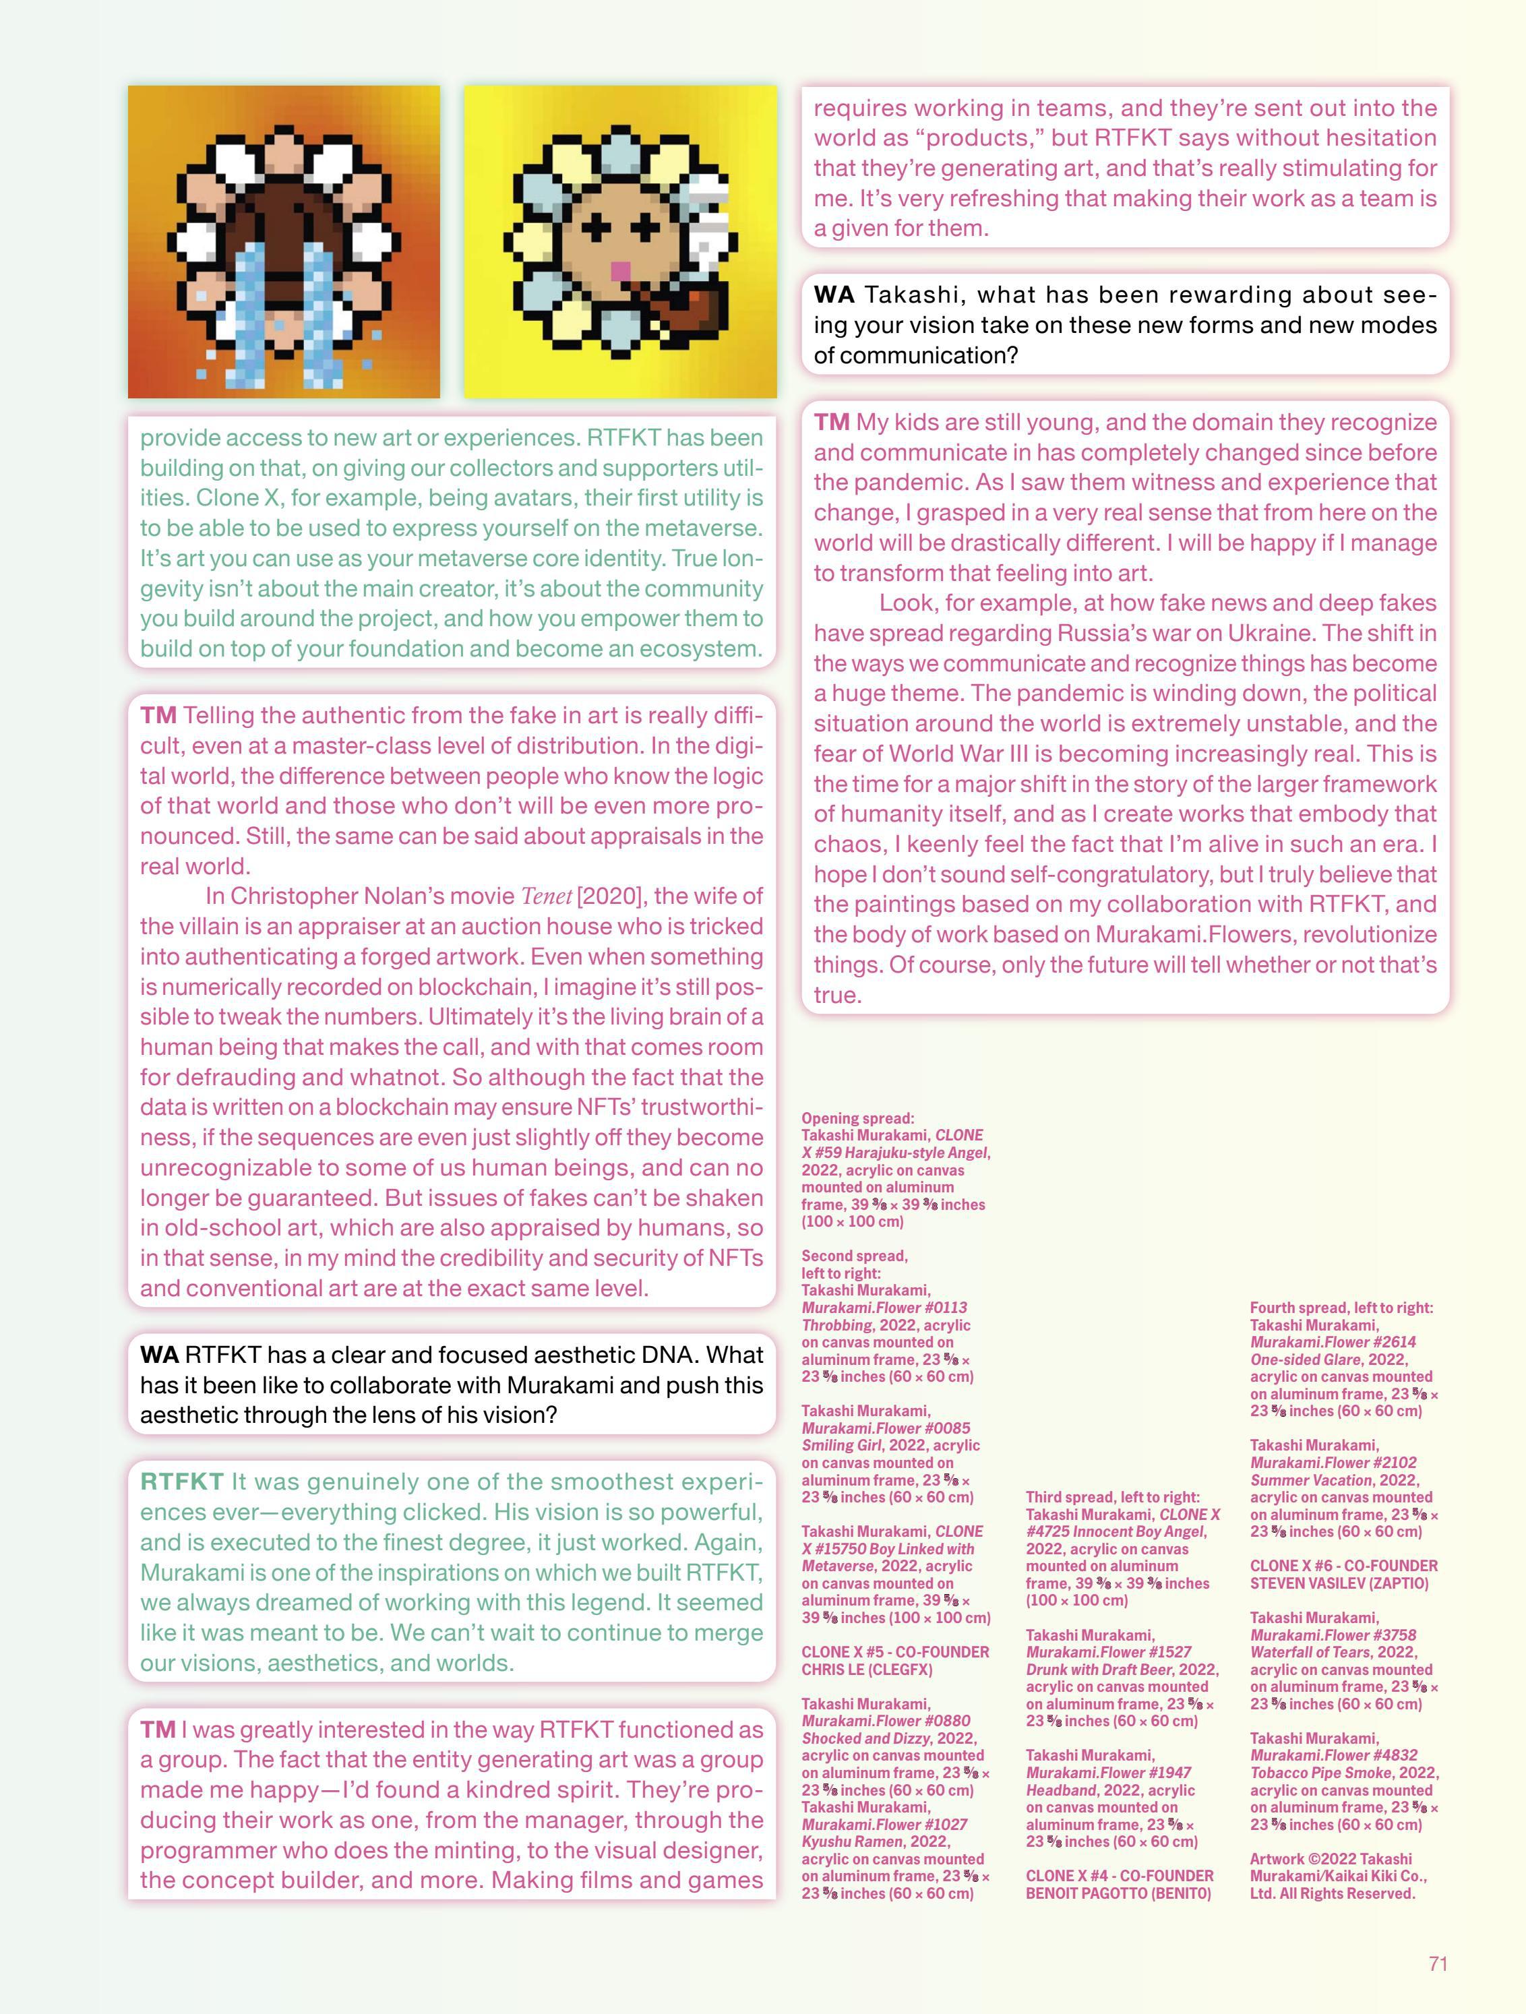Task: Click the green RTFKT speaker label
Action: (181, 1482)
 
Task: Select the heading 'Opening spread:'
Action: (857, 1118)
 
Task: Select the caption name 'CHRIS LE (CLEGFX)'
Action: (867, 1670)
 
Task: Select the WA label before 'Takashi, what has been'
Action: (833, 295)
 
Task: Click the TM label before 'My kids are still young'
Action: (831, 423)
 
